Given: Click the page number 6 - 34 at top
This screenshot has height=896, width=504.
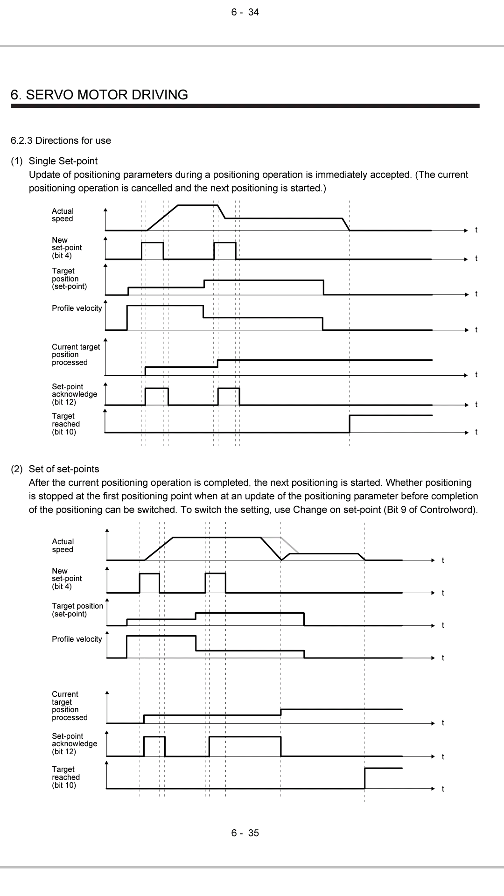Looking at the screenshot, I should click(x=245, y=13).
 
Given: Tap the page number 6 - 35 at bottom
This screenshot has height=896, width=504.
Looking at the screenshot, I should click(x=245, y=833).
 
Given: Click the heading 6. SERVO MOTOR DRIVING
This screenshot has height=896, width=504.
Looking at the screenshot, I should click(x=99, y=95).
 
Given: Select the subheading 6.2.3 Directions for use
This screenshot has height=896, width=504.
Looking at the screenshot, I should click(x=61, y=140).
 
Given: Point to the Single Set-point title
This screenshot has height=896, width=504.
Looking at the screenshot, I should click(x=63, y=161).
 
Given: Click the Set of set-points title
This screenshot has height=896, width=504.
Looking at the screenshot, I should click(x=64, y=469).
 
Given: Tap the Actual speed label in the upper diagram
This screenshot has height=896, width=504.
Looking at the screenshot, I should click(x=63, y=215).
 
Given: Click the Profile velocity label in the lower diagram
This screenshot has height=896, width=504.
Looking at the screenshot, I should click(x=77, y=639).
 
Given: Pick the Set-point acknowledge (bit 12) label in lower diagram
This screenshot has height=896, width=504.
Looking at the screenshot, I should click(x=74, y=744).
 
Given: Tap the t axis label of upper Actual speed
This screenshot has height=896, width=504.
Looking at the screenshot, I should click(x=476, y=230).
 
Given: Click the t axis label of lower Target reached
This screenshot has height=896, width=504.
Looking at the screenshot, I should click(x=443, y=789).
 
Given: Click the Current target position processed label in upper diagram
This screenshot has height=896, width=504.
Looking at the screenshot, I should click(x=76, y=355).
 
